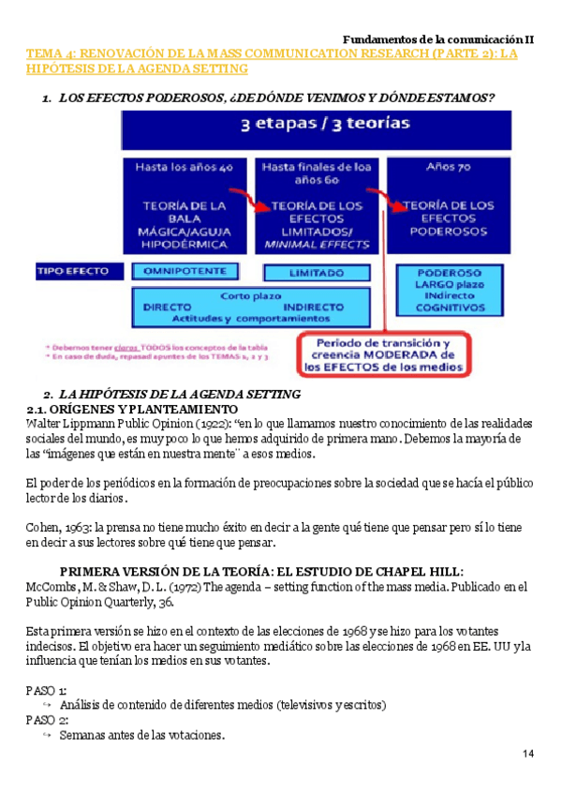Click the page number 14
tap(529, 756)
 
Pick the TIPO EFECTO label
tap(80, 271)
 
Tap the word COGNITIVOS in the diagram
tap(451, 307)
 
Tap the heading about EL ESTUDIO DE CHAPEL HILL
tap(261, 572)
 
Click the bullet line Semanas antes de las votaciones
tap(141, 735)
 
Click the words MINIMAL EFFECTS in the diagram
tap(316, 245)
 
